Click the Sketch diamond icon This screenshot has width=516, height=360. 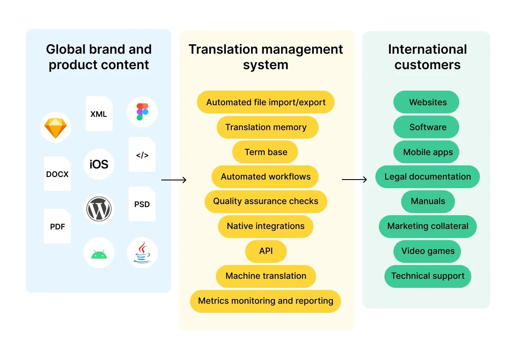click(55, 128)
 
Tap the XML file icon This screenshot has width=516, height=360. click(99, 114)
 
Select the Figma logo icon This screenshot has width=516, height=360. click(142, 112)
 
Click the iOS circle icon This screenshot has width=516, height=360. click(99, 164)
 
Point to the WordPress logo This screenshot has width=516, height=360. click(99, 209)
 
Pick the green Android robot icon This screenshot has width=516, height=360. click(99, 254)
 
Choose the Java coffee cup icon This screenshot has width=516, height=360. click(142, 253)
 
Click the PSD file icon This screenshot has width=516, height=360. click(142, 204)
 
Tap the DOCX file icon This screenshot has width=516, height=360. click(57, 174)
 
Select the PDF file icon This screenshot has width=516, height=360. click(57, 226)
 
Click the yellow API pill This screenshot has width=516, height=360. click(266, 251)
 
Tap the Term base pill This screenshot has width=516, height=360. click(265, 152)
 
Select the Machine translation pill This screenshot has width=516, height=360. click(266, 276)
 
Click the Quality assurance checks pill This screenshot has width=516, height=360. click(266, 201)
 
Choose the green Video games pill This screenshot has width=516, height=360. click(427, 251)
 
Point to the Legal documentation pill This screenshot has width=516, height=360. click(427, 177)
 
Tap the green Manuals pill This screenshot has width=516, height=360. click(428, 201)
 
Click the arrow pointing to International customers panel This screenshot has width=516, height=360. click(354, 180)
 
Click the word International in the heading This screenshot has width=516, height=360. click(427, 49)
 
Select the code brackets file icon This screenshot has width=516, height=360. click(142, 155)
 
